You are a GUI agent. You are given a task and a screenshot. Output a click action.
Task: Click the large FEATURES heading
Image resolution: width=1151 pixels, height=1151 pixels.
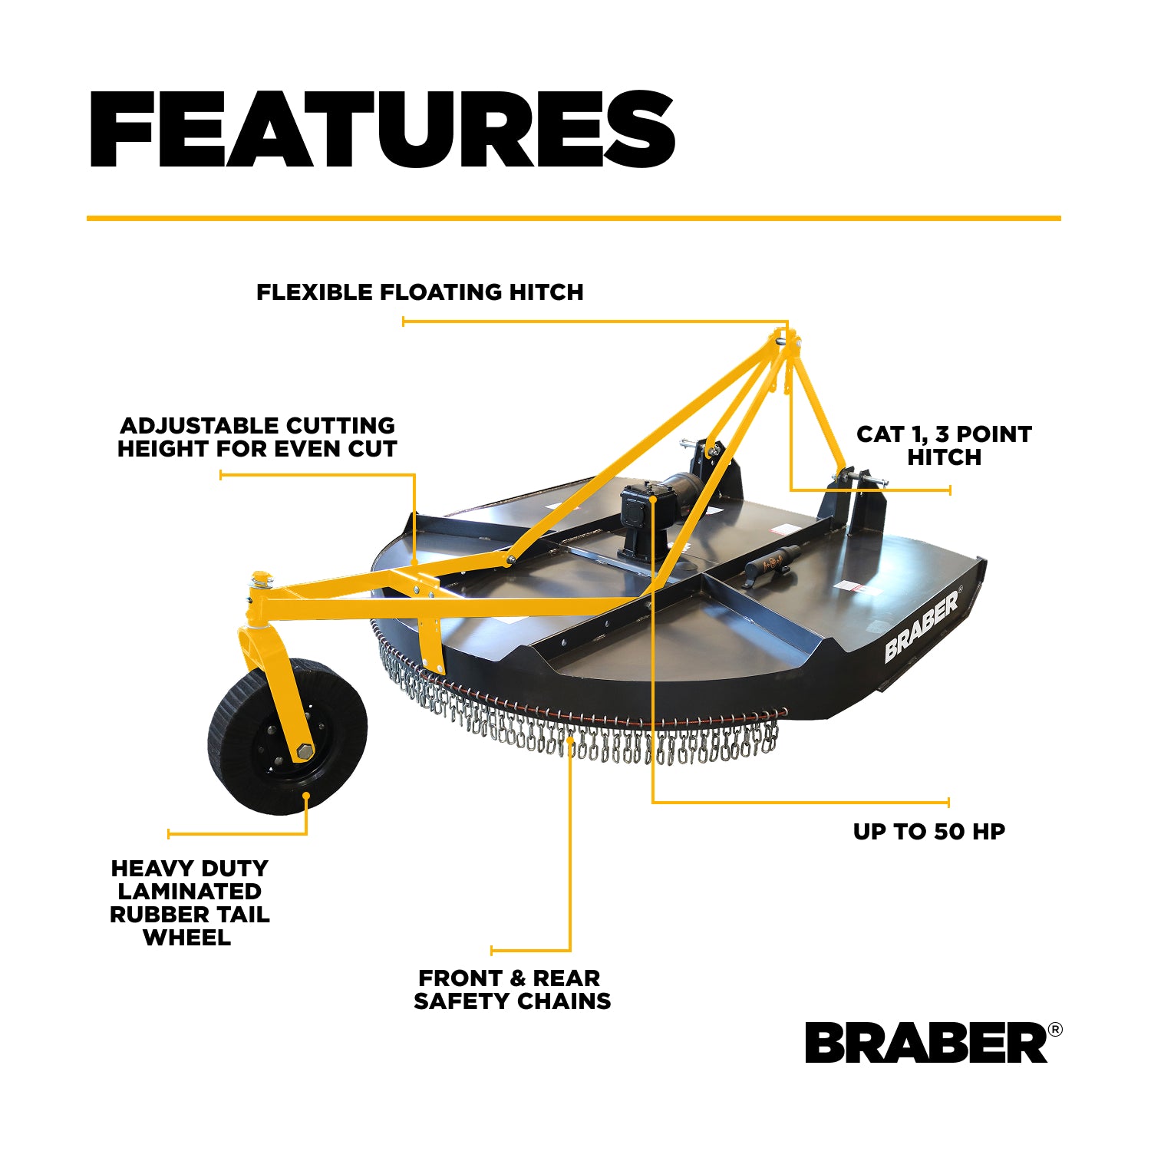pyautogui.click(x=382, y=130)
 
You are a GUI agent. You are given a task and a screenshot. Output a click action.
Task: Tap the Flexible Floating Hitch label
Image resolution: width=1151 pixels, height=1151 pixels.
pyautogui.click(x=420, y=292)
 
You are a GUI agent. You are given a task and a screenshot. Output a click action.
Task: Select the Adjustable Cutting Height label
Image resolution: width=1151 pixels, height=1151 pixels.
pyautogui.click(x=257, y=437)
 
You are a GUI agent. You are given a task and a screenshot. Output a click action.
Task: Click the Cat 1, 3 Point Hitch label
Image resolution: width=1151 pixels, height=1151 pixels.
pyautogui.click(x=944, y=446)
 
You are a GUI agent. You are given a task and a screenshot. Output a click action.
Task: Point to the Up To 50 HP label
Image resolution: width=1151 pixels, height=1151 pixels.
pyautogui.click(x=929, y=832)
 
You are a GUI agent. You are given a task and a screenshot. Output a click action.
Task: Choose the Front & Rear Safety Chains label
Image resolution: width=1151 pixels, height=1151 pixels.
pyautogui.click(x=512, y=990)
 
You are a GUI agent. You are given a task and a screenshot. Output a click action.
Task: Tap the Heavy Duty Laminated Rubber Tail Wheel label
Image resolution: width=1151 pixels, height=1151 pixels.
pyautogui.click(x=190, y=903)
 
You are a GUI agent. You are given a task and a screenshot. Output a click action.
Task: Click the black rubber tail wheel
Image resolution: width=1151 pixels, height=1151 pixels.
pyautogui.click(x=287, y=736)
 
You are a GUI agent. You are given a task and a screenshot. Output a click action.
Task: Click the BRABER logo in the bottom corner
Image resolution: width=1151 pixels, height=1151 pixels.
pyautogui.click(x=926, y=1043)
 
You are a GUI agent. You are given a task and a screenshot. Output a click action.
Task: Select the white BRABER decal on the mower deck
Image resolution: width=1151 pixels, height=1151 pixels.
pyautogui.click(x=922, y=625)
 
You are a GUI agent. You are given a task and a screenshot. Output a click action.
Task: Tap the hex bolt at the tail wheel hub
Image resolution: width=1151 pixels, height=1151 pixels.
pyautogui.click(x=305, y=751)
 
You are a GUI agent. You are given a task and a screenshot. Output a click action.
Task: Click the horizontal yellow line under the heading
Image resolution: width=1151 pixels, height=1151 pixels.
pyautogui.click(x=574, y=219)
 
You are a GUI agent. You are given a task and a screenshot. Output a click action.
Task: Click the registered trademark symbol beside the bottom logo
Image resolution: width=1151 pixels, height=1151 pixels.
pyautogui.click(x=1055, y=1030)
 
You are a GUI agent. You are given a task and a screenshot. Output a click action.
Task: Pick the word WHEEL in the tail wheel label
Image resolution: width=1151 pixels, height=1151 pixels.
pyautogui.click(x=186, y=938)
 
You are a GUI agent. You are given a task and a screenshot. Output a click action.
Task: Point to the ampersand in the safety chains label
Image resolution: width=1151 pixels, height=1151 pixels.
pyautogui.click(x=517, y=978)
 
